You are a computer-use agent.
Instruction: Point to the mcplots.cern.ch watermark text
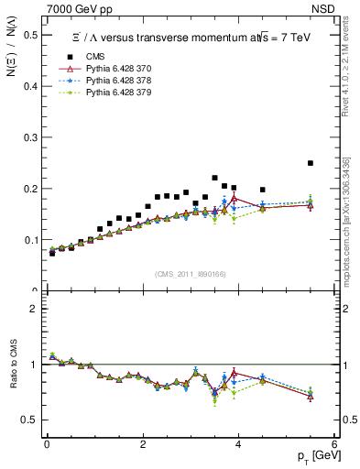pos(347,220)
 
